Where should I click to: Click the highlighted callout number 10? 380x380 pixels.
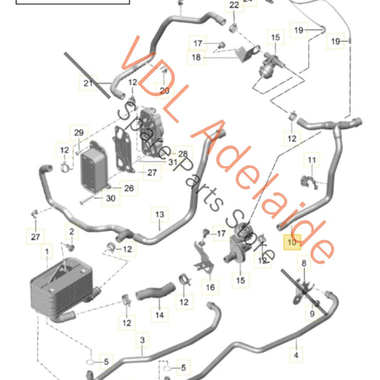pyautogui.click(x=293, y=242)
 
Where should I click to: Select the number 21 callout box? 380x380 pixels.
pyautogui.click(x=87, y=83)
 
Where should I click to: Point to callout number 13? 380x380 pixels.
pyautogui.click(x=160, y=215)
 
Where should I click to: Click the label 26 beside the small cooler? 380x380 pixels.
pyautogui.click(x=129, y=189)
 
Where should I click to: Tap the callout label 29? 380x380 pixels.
pyautogui.click(x=78, y=133)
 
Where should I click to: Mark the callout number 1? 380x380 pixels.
pyautogui.click(x=47, y=252)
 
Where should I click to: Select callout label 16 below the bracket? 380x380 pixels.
pyautogui.click(x=210, y=287)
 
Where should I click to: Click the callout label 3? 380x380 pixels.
pyautogui.click(x=142, y=340)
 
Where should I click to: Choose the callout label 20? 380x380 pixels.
pyautogui.click(x=165, y=91)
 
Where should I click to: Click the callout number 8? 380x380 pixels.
pyautogui.click(x=303, y=264)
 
